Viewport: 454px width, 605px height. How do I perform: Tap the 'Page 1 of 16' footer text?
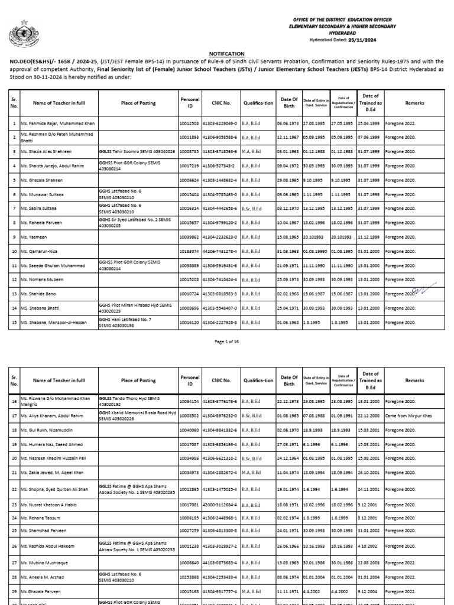226,342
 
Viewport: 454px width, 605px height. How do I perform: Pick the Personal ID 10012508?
190,123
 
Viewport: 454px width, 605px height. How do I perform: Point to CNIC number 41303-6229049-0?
220,123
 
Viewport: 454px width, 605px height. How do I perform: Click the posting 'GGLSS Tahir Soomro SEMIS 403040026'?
137,152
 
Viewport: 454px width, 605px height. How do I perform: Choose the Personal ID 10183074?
190,251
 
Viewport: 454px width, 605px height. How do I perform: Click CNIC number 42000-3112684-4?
220,505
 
